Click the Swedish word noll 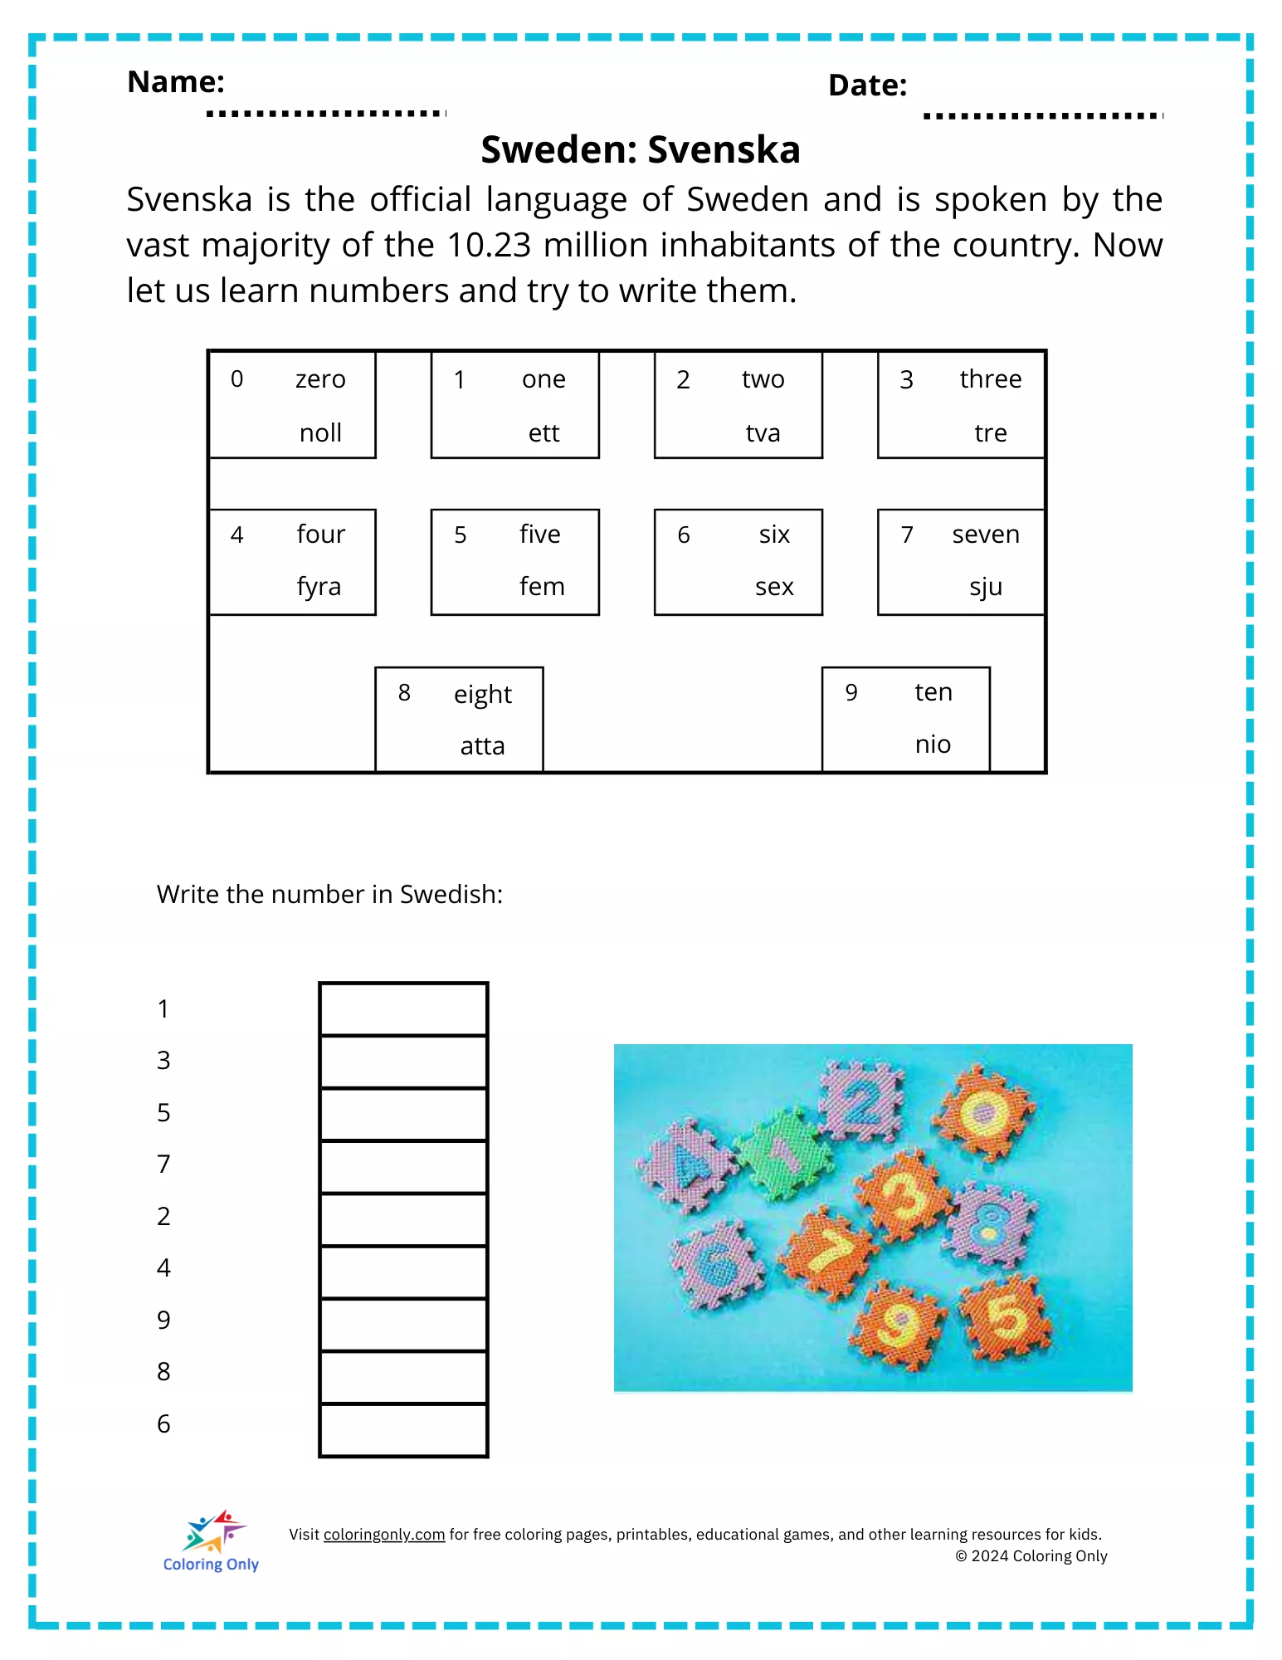click(320, 432)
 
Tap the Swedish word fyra click(319, 587)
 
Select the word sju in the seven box click(986, 587)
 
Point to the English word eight click(482, 693)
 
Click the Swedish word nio click(933, 744)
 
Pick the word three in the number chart click(990, 378)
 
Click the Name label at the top click(176, 81)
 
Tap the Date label click(867, 85)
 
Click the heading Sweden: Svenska click(641, 149)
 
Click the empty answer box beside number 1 click(403, 1009)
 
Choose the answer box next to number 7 click(403, 1166)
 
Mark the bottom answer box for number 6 click(403, 1429)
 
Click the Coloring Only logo click(212, 1543)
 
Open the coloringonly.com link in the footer click(383, 1535)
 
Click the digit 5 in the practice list click(163, 1112)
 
